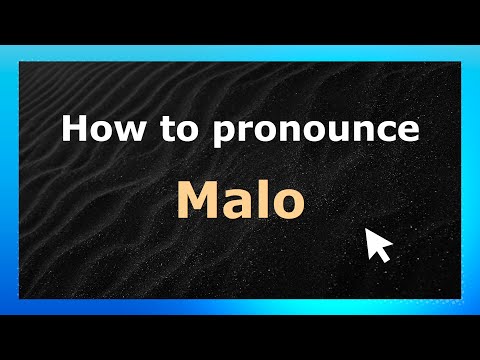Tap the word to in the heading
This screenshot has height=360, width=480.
(x=167, y=130)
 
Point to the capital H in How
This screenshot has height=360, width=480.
(x=73, y=130)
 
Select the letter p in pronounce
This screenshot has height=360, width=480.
(x=207, y=135)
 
